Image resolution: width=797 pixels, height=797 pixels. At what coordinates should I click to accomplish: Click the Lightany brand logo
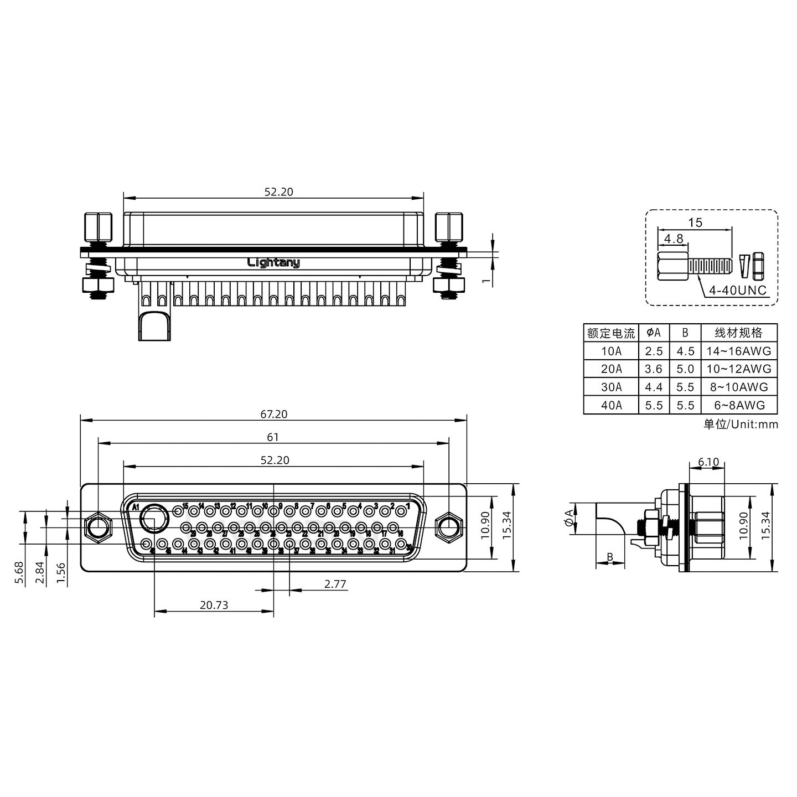pyautogui.click(x=273, y=262)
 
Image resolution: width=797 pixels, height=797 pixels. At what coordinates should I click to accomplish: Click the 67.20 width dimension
pyautogui.click(x=273, y=414)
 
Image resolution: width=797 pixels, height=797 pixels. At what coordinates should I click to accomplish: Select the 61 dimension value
pyautogui.click(x=273, y=437)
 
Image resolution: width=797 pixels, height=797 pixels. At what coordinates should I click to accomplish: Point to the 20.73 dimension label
pyautogui.click(x=214, y=605)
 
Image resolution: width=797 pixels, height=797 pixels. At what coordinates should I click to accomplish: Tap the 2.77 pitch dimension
pyautogui.click(x=335, y=584)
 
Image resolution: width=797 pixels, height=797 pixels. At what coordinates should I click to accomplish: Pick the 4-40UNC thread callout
pyautogui.click(x=738, y=291)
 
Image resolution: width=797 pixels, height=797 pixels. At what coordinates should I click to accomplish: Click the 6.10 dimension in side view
pyautogui.click(x=708, y=462)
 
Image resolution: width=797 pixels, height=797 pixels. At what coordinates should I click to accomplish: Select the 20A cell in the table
pyautogui.click(x=611, y=369)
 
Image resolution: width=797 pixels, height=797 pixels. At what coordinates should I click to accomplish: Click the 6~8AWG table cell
pyautogui.click(x=739, y=405)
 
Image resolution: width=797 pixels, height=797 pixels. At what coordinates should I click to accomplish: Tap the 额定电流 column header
pyautogui.click(x=611, y=333)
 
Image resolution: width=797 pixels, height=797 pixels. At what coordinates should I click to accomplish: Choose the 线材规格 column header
pyautogui.click(x=739, y=333)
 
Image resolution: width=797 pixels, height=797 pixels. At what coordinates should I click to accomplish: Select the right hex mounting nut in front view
pyautogui.click(x=448, y=527)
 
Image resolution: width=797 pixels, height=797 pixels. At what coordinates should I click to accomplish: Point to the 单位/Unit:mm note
pyautogui.click(x=741, y=425)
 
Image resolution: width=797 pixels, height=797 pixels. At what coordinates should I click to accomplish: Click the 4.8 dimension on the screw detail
pyautogui.click(x=674, y=239)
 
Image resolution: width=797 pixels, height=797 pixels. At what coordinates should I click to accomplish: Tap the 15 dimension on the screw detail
pyautogui.click(x=695, y=222)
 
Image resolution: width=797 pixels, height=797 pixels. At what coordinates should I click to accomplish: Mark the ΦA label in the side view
pyautogui.click(x=569, y=519)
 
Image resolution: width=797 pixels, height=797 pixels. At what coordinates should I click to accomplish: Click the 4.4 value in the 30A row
pyautogui.click(x=654, y=387)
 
